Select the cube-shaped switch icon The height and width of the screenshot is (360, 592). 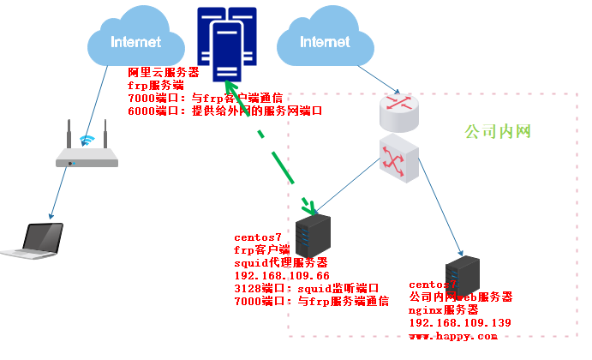click(400, 159)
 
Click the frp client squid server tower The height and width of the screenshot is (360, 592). click(315, 243)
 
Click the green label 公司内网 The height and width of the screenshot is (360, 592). click(499, 132)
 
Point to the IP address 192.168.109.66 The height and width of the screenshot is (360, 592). click(282, 276)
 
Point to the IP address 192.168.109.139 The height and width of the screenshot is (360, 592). click(460, 322)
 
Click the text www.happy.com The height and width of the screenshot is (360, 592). click(452, 335)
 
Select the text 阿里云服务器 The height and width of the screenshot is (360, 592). click(163, 73)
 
